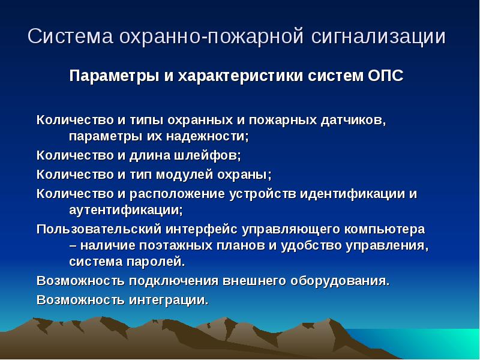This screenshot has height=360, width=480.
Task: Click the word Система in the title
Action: pyautogui.click(x=70, y=36)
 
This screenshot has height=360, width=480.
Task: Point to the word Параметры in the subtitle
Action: pyautogui.click(x=114, y=76)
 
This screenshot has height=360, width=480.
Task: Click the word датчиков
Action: pyautogui.click(x=353, y=121)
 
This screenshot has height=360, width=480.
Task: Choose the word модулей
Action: pyautogui.click(x=185, y=175)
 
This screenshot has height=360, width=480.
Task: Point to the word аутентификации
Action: pyautogui.click(x=126, y=211)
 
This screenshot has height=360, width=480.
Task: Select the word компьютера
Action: pyautogui.click(x=385, y=230)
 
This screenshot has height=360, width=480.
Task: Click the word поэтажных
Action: pyautogui.click(x=175, y=245)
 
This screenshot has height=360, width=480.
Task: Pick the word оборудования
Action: pyautogui.click(x=340, y=281)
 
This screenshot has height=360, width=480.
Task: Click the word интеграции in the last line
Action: pyautogui.click(x=169, y=300)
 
